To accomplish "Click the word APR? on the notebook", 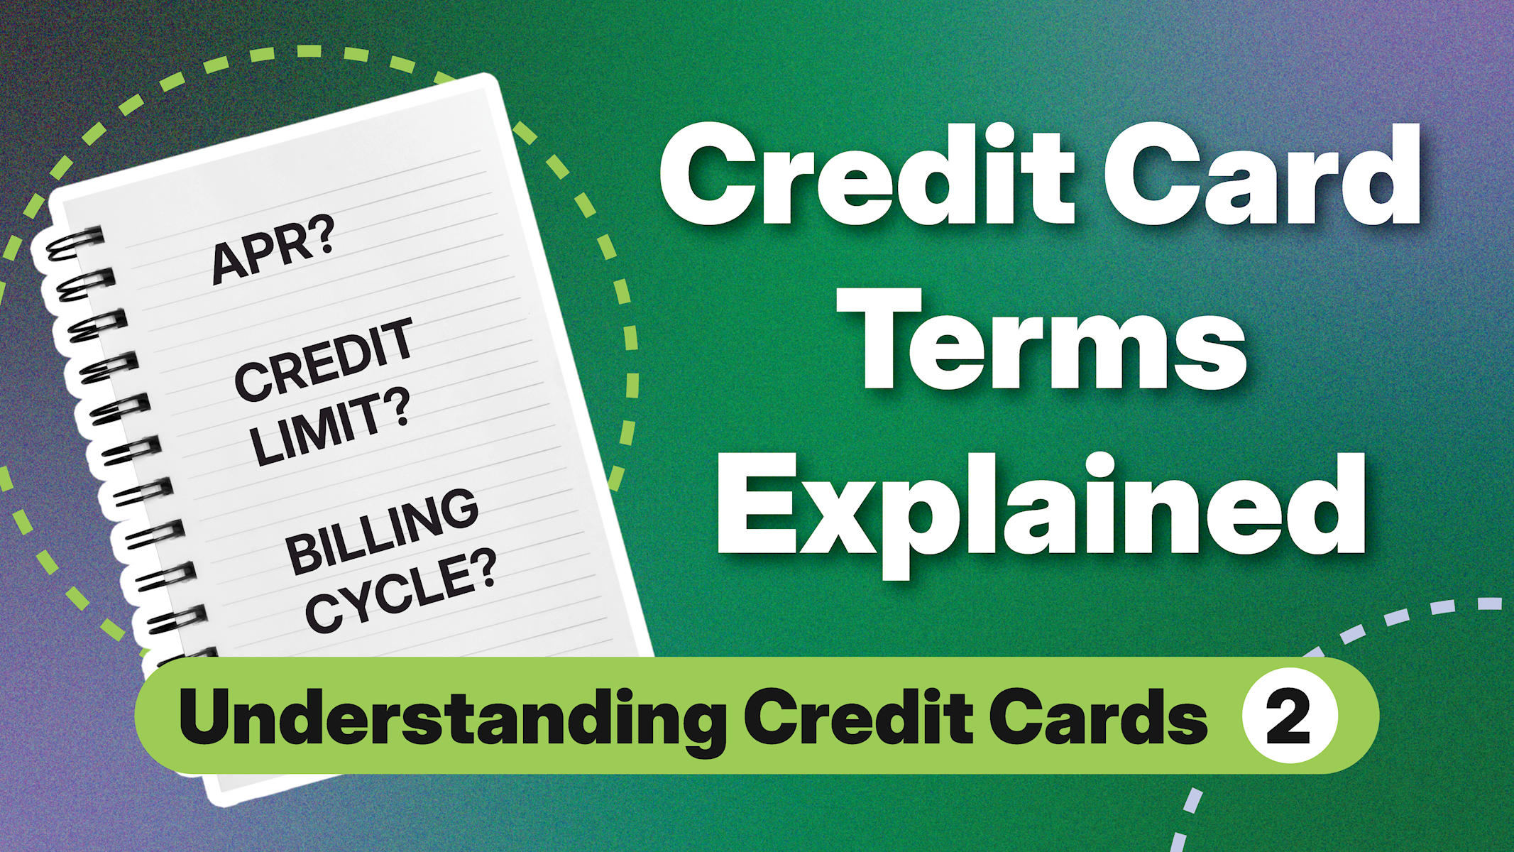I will coord(273,251).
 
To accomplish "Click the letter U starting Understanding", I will coord(206,716).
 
